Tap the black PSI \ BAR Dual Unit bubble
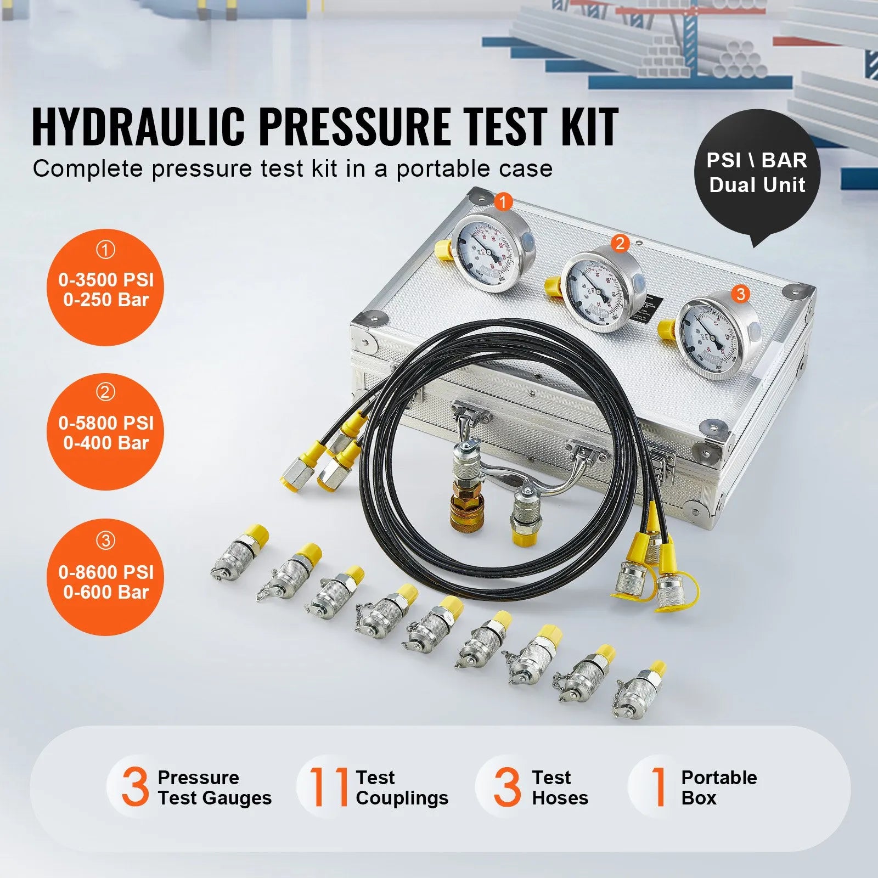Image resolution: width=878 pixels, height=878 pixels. [757, 173]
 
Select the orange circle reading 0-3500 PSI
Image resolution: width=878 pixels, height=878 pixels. [105, 288]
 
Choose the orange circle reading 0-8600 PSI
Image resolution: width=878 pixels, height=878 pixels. [105, 577]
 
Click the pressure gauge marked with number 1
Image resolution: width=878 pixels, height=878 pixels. [492, 254]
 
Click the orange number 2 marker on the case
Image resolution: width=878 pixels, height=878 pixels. [620, 243]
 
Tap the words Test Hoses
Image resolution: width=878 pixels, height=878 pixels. [560, 787]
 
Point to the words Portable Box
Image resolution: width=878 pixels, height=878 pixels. [718, 787]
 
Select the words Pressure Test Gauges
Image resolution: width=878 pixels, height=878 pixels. [214, 787]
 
